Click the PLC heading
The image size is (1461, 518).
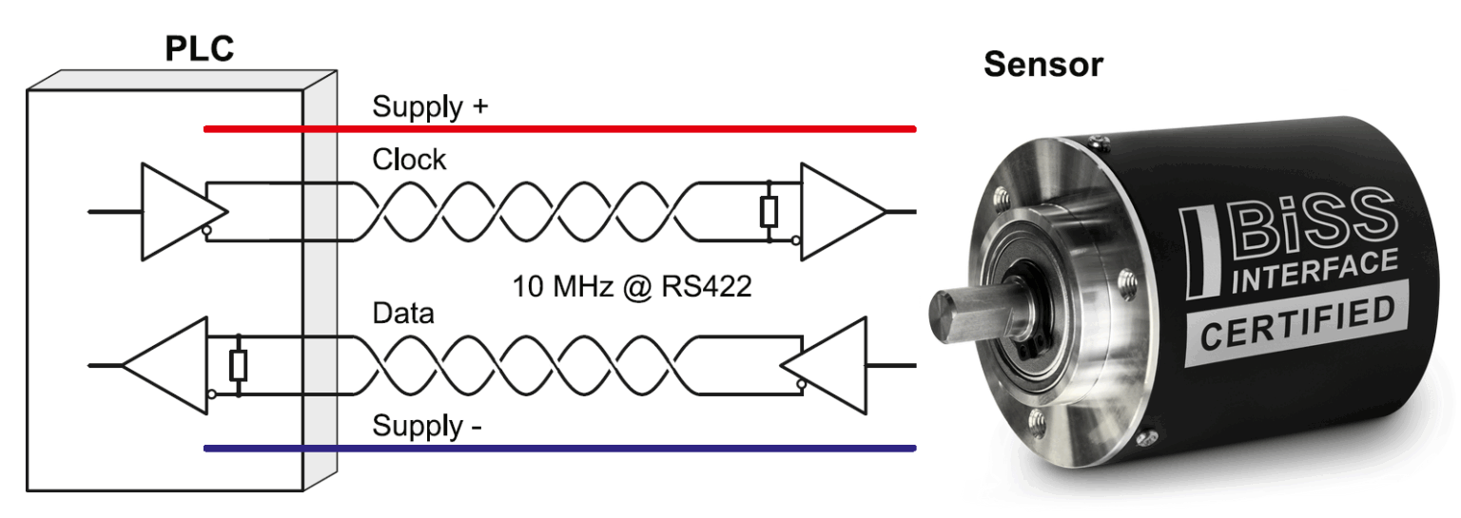[x=199, y=48]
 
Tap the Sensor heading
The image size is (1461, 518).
[x=1042, y=65]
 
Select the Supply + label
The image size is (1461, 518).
[x=430, y=106]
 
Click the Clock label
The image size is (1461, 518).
[x=409, y=160]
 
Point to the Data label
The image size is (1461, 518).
[x=403, y=314]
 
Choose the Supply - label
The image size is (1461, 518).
[x=426, y=426]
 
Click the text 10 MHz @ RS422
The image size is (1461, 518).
[x=632, y=287]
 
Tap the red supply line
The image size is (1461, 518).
[x=559, y=129]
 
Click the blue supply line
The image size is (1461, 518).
[x=559, y=449]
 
